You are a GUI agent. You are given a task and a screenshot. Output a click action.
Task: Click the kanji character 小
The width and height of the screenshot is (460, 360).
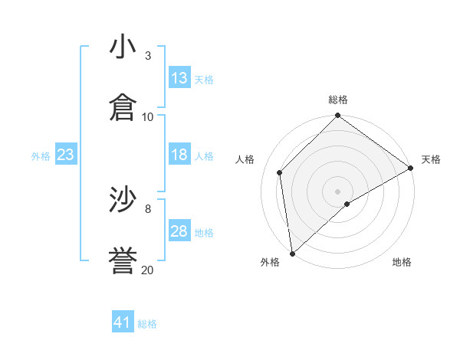coord(123,47)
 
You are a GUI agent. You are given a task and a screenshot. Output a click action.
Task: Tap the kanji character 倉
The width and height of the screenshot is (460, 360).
coord(123,108)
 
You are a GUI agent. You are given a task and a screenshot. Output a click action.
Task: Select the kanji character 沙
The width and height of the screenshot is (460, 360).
coord(123,200)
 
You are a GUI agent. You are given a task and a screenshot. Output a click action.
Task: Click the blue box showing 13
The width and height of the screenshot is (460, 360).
coord(179,78)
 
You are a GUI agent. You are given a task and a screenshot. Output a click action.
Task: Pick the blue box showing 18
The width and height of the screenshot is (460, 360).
coord(179,155)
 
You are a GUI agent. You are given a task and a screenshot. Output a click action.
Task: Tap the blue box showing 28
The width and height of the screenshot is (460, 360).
coord(179,231)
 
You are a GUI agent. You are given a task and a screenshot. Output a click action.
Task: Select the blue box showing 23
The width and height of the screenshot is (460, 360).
coord(65,155)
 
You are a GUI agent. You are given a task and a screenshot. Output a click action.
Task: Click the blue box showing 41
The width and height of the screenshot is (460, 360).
coord(123,322)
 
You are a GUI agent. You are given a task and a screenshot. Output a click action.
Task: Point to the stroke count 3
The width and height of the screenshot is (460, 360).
coord(148,56)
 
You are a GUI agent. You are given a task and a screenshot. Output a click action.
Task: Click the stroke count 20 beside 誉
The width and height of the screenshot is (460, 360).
coord(148,269)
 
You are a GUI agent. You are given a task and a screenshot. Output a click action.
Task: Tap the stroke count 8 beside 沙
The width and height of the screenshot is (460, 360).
coord(148,208)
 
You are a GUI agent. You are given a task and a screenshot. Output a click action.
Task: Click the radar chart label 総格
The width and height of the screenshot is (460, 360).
coord(338,100)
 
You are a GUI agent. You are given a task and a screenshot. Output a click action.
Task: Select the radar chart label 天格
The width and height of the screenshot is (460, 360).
coord(431,159)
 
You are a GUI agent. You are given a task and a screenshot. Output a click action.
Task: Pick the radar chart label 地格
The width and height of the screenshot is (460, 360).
coord(402,262)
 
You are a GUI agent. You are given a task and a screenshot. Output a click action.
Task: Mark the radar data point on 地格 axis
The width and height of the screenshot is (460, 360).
coord(347,204)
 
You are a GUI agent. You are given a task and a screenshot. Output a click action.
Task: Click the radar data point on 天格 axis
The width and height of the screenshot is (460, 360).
coord(411,168)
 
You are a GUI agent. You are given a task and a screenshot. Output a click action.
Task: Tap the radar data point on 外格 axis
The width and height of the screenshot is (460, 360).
coord(292,254)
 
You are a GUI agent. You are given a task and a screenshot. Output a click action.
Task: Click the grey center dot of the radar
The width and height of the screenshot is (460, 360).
coord(338,191)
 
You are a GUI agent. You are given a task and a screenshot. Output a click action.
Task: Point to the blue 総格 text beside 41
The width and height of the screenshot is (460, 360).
coord(147,324)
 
